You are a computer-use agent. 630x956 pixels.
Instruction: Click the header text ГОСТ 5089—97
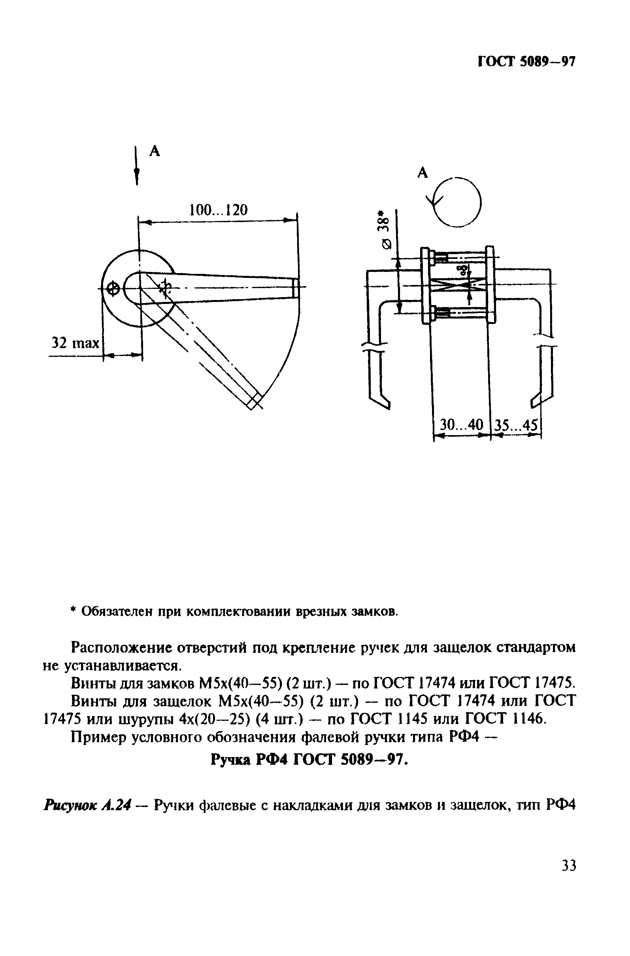527,62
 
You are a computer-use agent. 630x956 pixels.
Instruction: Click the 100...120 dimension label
218,210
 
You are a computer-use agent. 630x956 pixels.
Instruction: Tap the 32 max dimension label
75,343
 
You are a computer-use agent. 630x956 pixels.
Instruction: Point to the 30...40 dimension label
461,424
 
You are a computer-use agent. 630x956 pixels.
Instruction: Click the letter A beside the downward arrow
155,151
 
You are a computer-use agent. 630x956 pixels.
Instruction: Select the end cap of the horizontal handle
295,288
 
